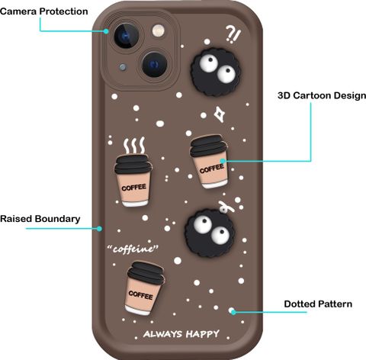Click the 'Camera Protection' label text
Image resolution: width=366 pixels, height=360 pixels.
[44, 11]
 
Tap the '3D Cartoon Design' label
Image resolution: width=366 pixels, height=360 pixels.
[322, 95]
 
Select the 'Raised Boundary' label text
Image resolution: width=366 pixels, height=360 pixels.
[40, 219]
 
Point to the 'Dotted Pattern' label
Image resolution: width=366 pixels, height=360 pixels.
[318, 304]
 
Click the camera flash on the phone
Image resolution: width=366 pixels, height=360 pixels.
[159, 31]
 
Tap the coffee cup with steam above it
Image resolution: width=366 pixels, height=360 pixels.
[133, 180]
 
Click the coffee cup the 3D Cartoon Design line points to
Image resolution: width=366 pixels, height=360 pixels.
[209, 162]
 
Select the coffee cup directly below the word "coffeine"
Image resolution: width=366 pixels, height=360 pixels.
[144, 288]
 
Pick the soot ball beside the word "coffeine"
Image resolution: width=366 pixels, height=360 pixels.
[210, 233]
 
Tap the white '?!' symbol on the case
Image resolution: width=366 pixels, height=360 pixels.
[233, 34]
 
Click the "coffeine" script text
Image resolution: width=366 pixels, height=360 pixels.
[133, 249]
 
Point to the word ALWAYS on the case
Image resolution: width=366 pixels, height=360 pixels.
[162, 334]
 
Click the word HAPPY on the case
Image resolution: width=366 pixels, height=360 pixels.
[202, 334]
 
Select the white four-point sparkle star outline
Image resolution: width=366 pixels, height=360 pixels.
[219, 114]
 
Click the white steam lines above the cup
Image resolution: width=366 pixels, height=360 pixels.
[134, 145]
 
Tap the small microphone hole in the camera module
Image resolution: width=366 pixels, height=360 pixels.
[123, 67]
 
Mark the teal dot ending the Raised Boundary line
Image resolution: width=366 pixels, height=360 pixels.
[99, 229]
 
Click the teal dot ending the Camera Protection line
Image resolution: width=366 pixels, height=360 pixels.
[106, 31]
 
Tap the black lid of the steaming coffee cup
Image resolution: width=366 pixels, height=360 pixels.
[133, 164]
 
